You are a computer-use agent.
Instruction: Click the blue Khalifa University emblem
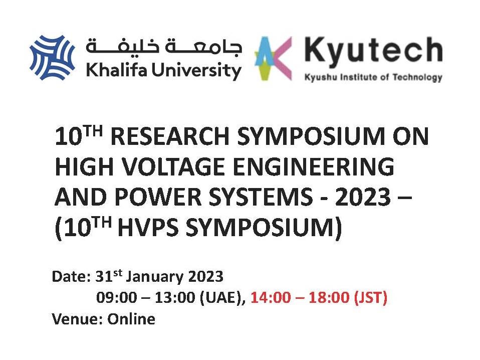(x=52, y=57)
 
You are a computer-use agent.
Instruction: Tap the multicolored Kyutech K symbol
(x=273, y=58)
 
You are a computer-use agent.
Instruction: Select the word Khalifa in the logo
(x=117, y=70)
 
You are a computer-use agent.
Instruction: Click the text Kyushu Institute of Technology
(x=373, y=77)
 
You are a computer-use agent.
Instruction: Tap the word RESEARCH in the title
(x=170, y=136)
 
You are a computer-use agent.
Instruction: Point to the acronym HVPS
(x=148, y=227)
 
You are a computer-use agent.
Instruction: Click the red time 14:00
(x=270, y=297)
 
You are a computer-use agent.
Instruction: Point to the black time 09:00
(x=116, y=297)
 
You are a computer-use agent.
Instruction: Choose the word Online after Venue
(x=131, y=319)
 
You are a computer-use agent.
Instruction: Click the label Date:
(x=71, y=276)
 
